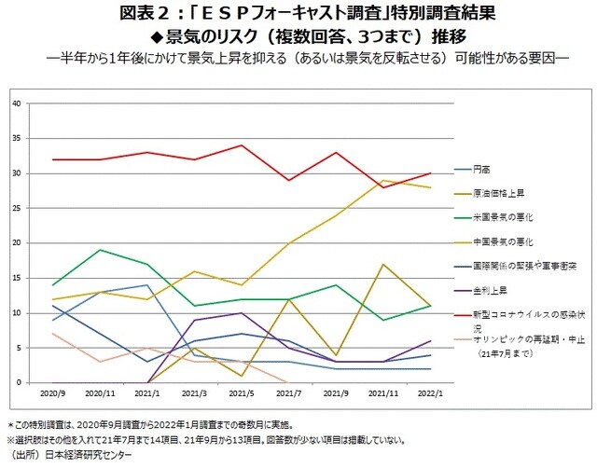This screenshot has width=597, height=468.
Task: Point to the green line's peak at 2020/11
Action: tap(100, 250)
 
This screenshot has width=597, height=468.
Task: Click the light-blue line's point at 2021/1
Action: tap(146, 285)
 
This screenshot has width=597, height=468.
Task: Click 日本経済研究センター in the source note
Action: tap(90, 456)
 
